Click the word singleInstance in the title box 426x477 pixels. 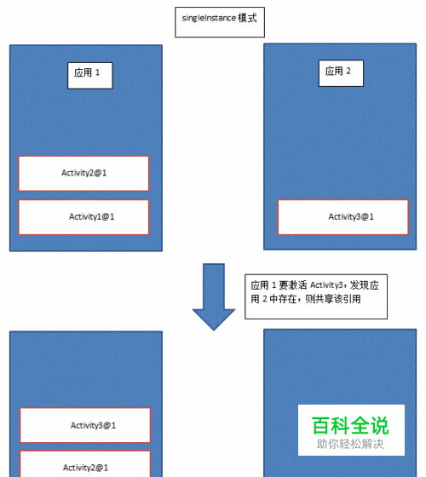pos(209,18)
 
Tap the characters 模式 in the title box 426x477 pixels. pos(247,18)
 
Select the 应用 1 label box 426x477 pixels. pos(90,76)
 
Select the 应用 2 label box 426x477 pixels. pos(341,73)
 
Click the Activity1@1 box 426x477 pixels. pos(83,217)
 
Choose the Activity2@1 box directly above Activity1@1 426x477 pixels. pos(83,174)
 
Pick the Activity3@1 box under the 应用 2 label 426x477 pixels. pos(343,217)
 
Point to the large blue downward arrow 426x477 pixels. pos(214,296)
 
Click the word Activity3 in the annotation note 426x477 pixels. pos(326,285)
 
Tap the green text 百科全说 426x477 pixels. pos(350,426)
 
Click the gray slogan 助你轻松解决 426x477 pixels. pos(350,444)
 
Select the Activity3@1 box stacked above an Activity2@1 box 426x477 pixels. pos(85,425)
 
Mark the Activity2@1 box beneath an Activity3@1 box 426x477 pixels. pos(85,464)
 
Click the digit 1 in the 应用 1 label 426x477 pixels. pos(97,72)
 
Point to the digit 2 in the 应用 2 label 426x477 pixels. pos(348,71)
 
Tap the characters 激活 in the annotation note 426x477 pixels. pos(297,285)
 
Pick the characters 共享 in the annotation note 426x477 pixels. pos(324,299)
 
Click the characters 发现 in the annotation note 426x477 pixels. pos(360,285)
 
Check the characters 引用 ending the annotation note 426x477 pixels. pos(352,299)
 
